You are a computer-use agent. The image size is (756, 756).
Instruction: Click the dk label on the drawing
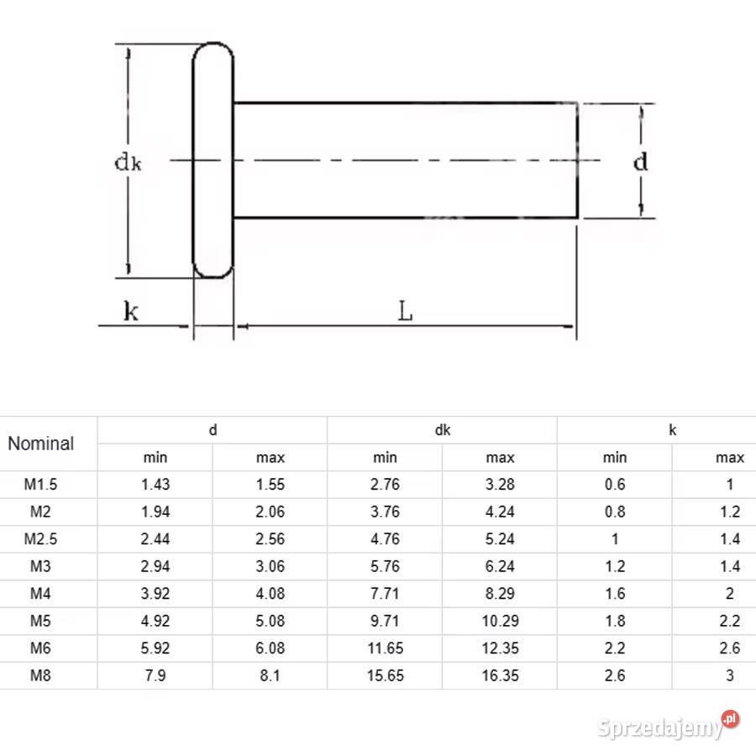[128, 162]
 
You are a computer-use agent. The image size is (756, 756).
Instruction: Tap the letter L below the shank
[406, 311]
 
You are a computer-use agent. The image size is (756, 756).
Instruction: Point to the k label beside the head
[131, 311]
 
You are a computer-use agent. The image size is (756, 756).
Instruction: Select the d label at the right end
[640, 162]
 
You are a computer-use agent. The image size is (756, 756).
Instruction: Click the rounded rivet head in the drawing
[213, 160]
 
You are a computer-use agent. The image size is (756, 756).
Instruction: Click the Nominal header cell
[41, 444]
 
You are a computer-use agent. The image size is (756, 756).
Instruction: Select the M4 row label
[40, 594]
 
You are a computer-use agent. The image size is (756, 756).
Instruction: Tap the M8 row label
[40, 675]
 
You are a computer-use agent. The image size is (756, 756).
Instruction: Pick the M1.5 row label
[40, 484]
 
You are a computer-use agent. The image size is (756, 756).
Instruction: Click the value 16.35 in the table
[500, 675]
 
